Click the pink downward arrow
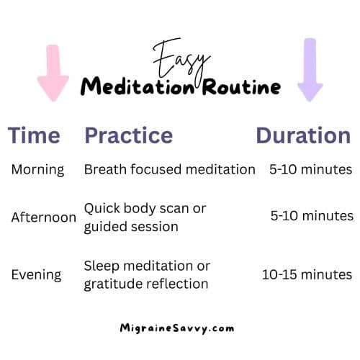[x=53, y=72]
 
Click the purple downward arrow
[x=310, y=69]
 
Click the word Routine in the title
[x=233, y=87]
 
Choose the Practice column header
[x=128, y=136]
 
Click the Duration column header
[x=303, y=136]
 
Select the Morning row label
[x=37, y=170]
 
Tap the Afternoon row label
[x=44, y=217]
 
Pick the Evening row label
[x=36, y=274]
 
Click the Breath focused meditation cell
[x=169, y=170]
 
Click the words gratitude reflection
[x=146, y=284]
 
